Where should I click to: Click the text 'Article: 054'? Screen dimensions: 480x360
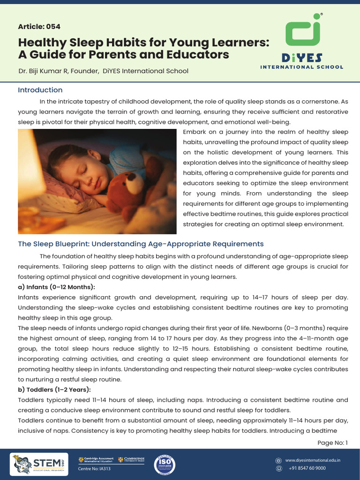(39, 26)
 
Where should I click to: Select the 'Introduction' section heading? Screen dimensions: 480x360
(40, 90)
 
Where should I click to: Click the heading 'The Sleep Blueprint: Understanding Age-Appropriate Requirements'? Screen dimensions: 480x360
(141, 244)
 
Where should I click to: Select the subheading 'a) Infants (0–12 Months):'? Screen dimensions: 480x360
(56, 287)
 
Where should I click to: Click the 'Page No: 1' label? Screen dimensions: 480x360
(332, 442)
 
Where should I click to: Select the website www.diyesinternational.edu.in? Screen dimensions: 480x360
(313, 460)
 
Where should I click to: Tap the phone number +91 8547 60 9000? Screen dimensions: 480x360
(307, 468)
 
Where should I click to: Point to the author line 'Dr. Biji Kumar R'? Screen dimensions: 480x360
(45, 71)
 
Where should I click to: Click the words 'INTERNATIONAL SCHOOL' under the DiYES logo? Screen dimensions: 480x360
(301, 67)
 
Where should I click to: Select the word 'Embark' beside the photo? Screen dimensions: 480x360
(193, 132)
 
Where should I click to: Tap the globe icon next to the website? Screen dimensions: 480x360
(278, 460)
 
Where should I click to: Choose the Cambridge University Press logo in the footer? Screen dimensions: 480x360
(131, 459)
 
